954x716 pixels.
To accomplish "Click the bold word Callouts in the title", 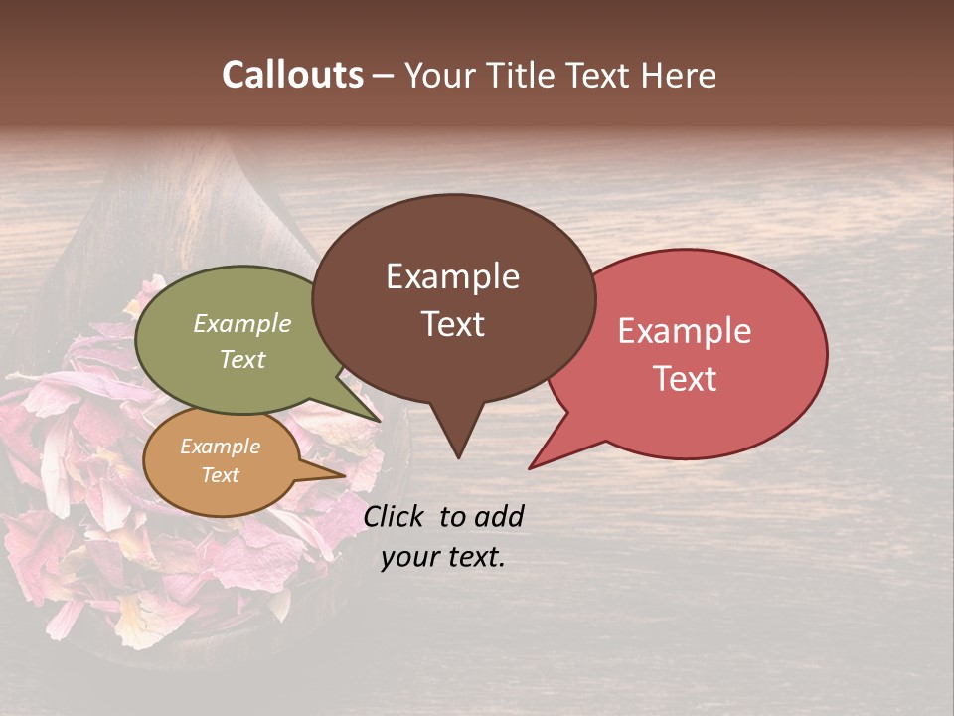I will [292, 75].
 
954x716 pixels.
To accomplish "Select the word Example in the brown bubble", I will [453, 276].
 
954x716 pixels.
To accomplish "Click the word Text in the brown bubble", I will [453, 324].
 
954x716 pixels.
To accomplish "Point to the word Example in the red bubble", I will [685, 331].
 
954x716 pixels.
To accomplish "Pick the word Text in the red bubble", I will [685, 379].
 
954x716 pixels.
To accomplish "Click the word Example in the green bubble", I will [242, 323].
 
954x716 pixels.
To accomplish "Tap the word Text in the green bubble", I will [242, 359].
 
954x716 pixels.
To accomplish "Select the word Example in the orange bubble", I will [221, 447].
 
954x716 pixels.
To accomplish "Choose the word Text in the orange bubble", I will [221, 475].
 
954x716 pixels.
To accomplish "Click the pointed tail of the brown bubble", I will [458, 447].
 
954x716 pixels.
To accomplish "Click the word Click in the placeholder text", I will [396, 516].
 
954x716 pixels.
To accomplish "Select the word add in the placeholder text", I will [499, 516].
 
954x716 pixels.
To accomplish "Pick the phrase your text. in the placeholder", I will [443, 557].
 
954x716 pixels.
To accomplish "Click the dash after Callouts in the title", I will [384, 77].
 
